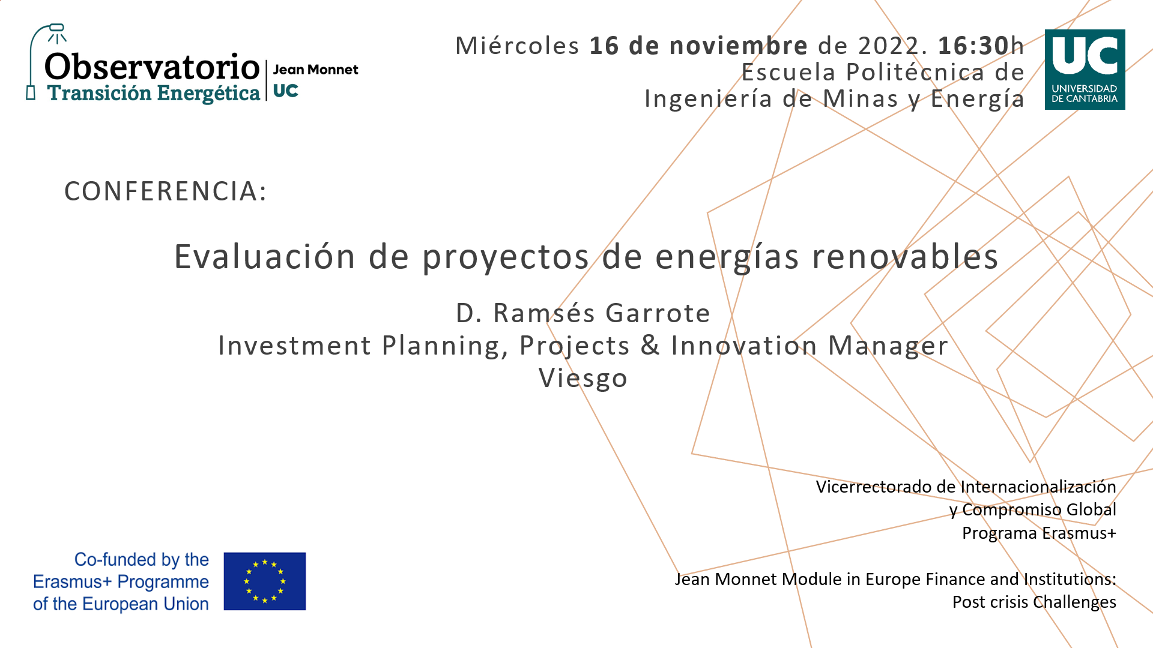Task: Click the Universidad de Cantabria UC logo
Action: click(1085, 70)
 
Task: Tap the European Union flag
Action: click(265, 581)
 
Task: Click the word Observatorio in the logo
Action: click(152, 67)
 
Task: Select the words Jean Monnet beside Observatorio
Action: click(315, 70)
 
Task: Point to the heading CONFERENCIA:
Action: click(166, 191)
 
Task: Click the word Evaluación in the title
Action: click(265, 256)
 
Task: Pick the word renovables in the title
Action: click(905, 256)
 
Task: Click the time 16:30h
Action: click(981, 46)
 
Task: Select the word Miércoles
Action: click(517, 46)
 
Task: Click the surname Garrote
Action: click(658, 313)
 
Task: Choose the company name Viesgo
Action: click(583, 379)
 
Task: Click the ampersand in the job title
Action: click(650, 346)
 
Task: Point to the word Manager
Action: click(888, 346)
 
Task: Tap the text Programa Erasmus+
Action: click(1039, 533)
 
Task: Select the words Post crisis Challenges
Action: click(1034, 602)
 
